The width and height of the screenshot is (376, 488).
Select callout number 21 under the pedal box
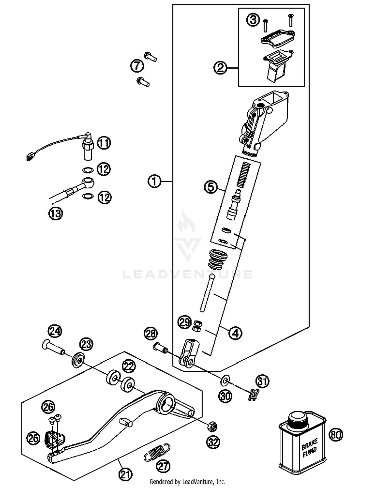[125, 474]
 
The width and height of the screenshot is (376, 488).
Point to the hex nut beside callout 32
[212, 426]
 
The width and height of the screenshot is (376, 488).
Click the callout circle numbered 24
[55, 331]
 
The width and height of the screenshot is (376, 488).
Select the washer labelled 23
[78, 360]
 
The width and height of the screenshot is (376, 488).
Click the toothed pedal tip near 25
[53, 439]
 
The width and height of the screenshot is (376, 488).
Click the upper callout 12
[104, 169]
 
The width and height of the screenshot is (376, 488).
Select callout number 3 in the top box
[253, 20]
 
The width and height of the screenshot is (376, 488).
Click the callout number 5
[211, 187]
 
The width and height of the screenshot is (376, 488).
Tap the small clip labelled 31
[254, 395]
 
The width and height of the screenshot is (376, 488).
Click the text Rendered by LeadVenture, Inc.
[187, 482]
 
